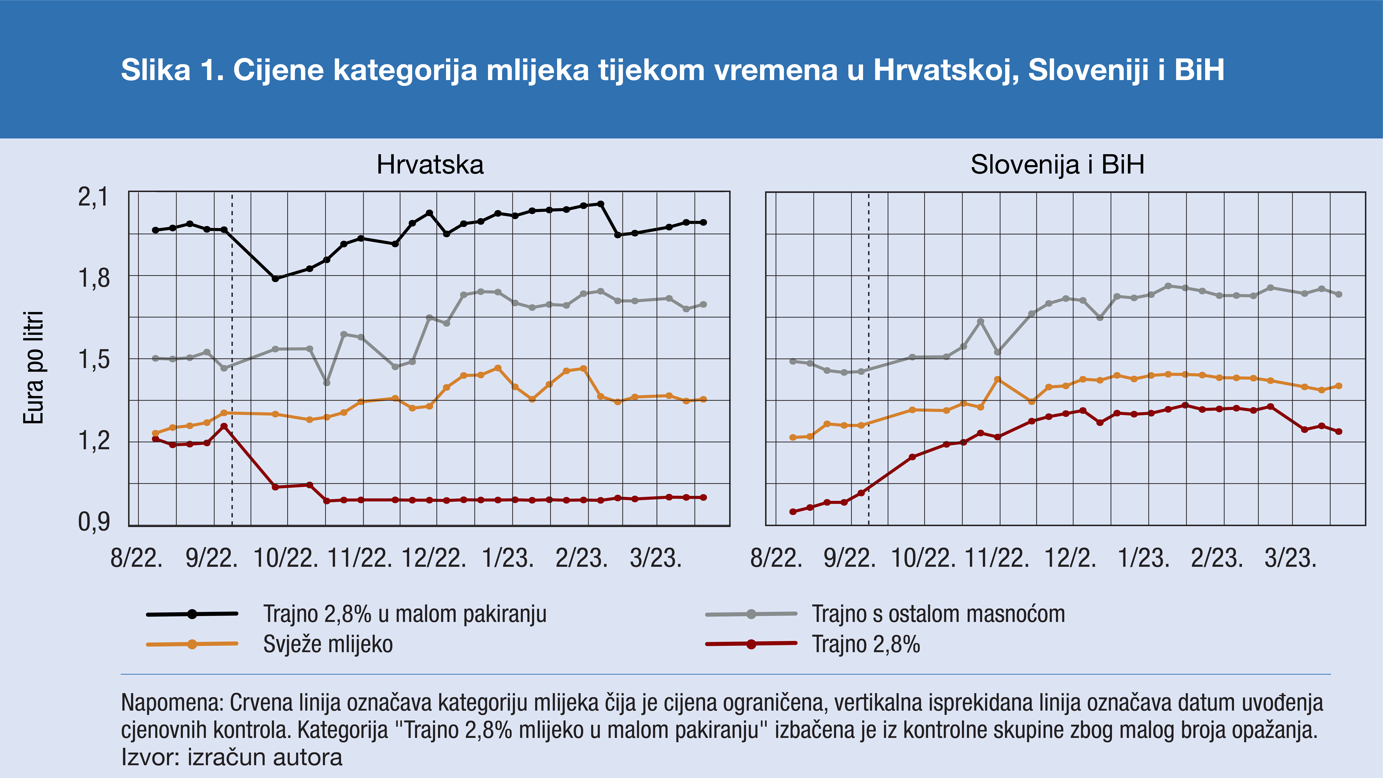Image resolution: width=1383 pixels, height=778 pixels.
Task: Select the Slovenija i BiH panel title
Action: pos(1057,165)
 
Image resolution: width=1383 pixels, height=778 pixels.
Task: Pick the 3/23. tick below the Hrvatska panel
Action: pos(655,558)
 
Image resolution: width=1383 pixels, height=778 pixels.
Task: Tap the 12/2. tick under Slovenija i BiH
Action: pos(1070,558)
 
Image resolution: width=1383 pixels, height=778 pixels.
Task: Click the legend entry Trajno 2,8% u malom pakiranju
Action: pos(405,614)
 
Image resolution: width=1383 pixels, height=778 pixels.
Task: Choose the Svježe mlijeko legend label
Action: pos(328,644)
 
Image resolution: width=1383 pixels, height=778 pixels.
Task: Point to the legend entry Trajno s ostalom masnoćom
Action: pos(938,614)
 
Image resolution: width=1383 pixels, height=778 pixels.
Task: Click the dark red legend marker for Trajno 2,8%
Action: pos(751,644)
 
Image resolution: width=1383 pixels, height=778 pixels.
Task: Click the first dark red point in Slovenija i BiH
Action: pos(793,512)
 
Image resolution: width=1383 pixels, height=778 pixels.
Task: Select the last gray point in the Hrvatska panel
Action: pos(703,304)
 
